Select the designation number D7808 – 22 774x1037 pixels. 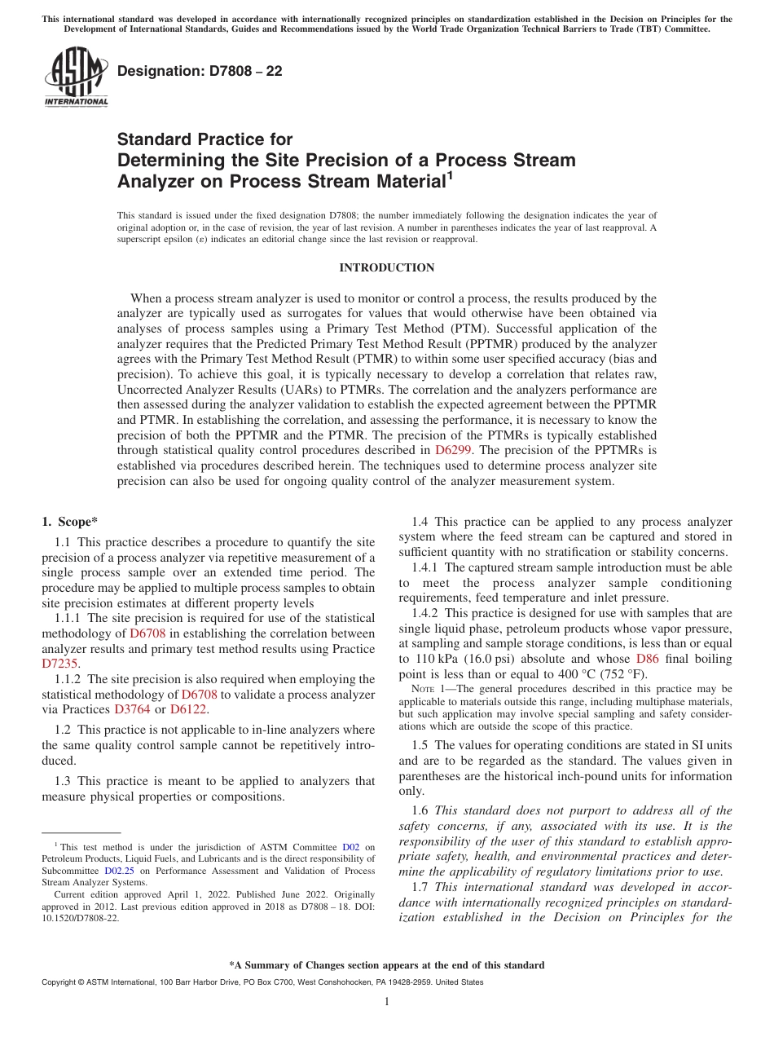tap(200, 71)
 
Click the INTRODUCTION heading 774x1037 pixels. tap(386, 268)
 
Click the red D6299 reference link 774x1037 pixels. tap(451, 449)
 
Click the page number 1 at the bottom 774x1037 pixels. tap(387, 1002)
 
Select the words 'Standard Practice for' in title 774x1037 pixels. tap(204, 139)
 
